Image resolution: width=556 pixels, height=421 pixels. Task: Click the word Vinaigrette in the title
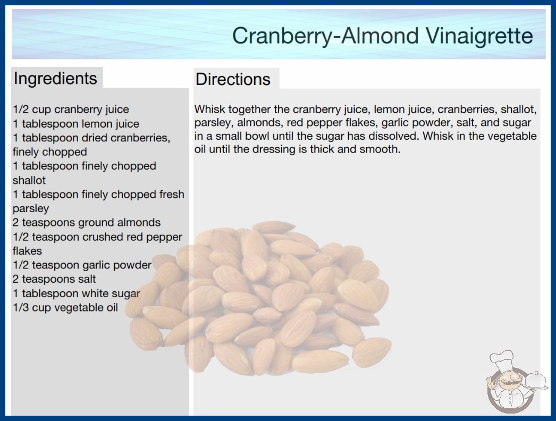tap(479, 36)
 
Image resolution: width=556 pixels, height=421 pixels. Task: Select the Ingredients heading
tap(55, 78)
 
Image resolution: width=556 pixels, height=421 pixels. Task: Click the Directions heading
tap(233, 79)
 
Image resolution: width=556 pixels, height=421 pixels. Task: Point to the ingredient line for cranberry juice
tap(71, 110)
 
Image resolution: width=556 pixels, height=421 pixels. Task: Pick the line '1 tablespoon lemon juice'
tap(76, 124)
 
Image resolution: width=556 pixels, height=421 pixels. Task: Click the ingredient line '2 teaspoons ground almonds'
tap(87, 223)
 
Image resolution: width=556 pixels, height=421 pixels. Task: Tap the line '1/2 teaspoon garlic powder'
tap(82, 265)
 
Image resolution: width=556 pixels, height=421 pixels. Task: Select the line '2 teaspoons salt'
tap(54, 279)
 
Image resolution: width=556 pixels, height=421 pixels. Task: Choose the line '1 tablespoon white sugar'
tap(76, 293)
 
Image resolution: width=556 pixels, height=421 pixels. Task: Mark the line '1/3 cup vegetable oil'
tap(65, 307)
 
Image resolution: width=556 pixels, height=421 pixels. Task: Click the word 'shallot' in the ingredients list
tap(29, 180)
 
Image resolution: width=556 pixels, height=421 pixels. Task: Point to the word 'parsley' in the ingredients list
tap(31, 208)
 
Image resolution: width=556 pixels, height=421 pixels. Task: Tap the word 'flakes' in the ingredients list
tap(27, 251)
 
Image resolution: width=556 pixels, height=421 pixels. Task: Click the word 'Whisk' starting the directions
tap(209, 110)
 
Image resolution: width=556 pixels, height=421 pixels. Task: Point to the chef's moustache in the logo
tap(508, 383)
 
